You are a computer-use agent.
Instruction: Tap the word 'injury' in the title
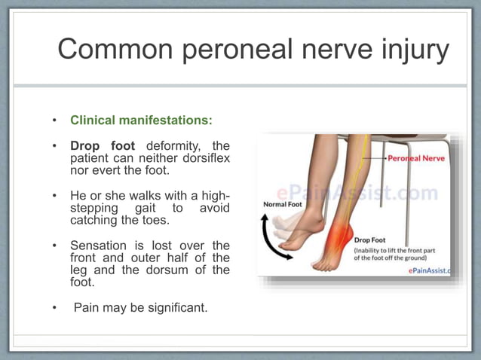click(x=412, y=50)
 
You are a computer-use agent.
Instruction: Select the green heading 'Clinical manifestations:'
click(x=141, y=120)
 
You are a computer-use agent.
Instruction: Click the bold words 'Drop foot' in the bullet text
click(x=103, y=145)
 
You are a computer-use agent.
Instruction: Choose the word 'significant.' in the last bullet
click(x=175, y=307)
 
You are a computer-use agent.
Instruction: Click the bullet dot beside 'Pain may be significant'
click(x=54, y=307)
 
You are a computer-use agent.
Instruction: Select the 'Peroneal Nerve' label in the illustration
click(x=416, y=159)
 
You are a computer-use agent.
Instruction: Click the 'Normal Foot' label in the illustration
click(x=283, y=204)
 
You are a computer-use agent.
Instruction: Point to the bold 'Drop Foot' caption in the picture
click(x=372, y=239)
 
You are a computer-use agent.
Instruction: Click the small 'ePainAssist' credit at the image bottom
click(x=428, y=270)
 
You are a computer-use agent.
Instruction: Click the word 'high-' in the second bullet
click(x=213, y=196)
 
